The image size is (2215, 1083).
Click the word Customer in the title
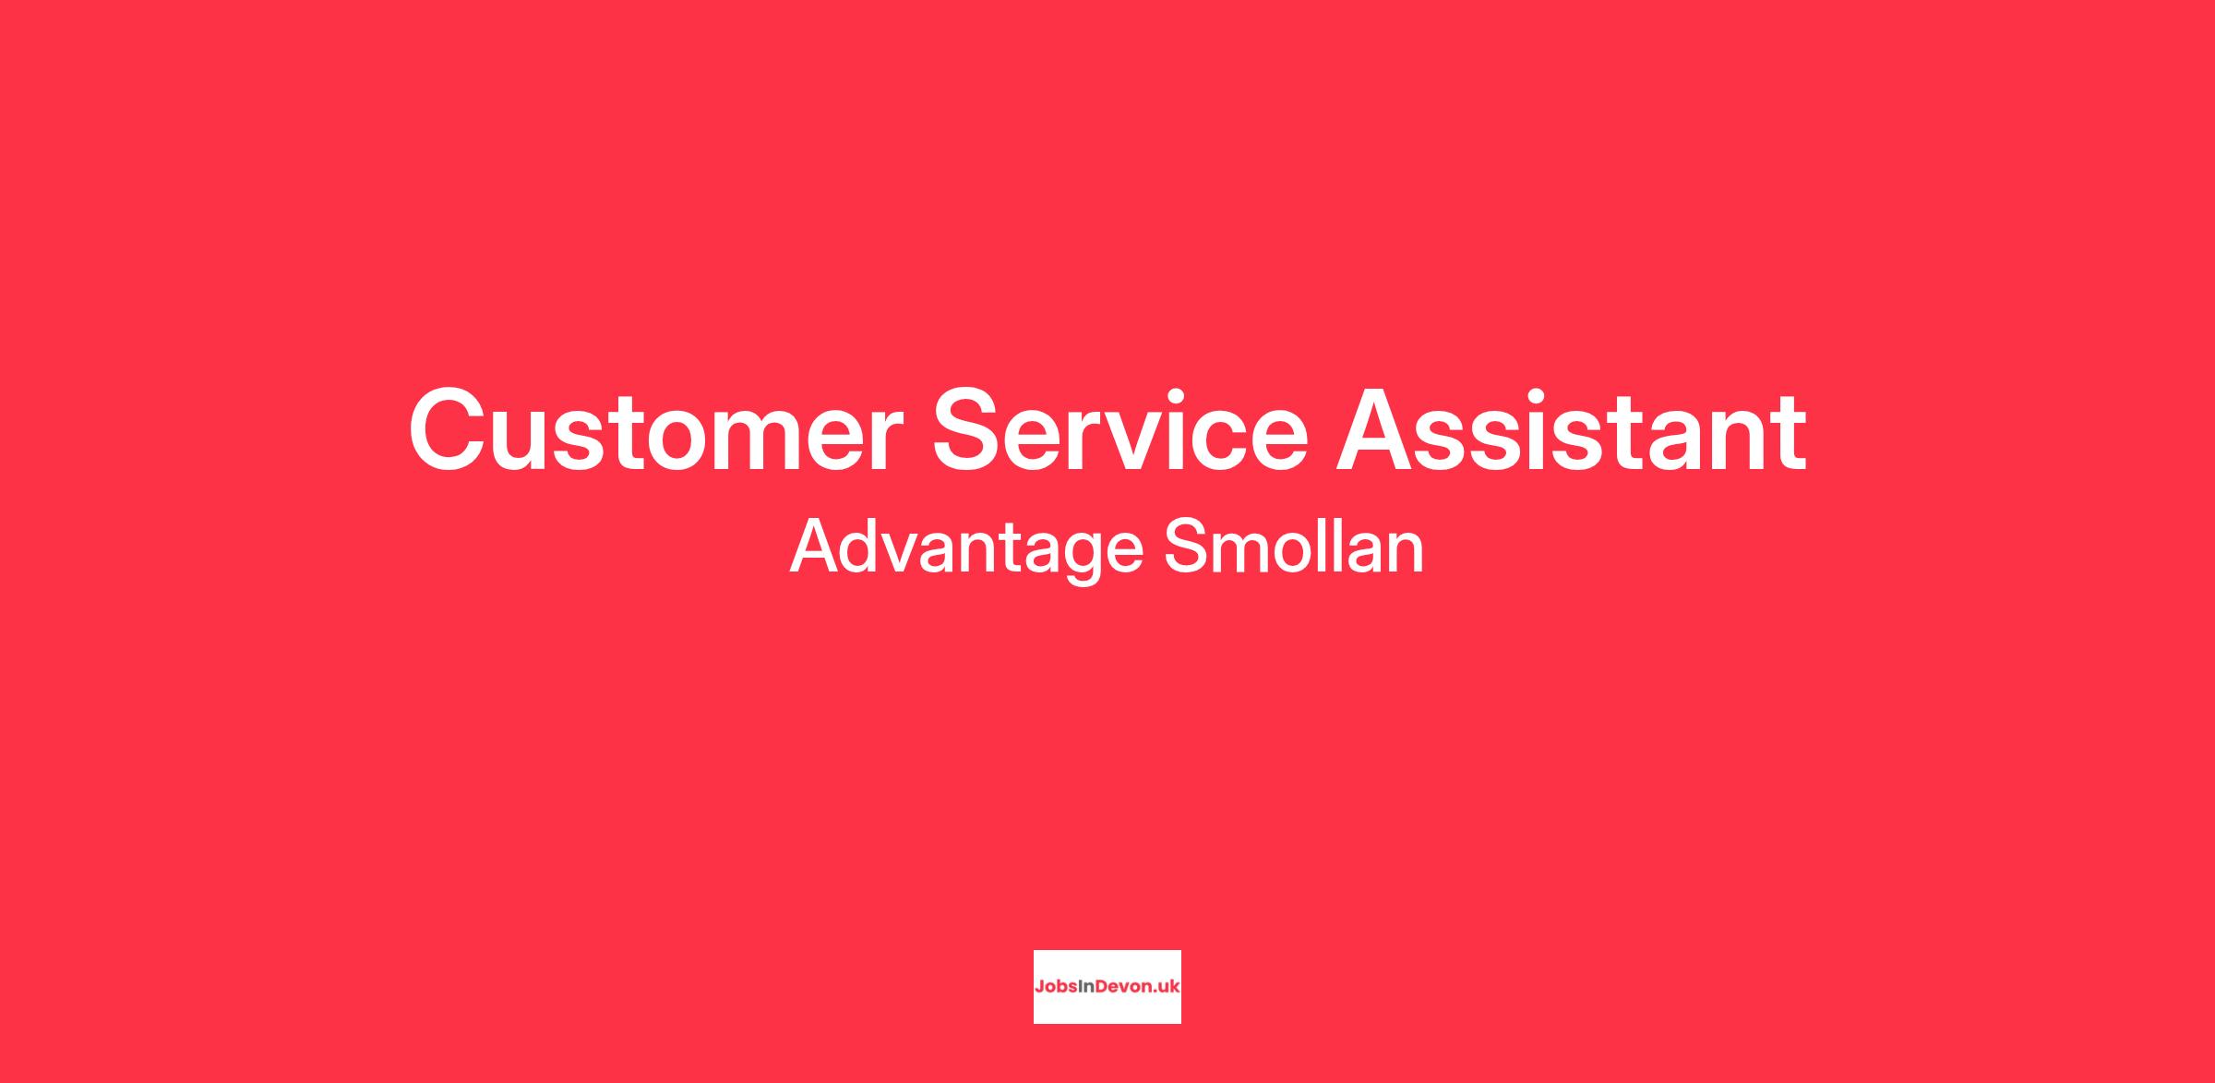tap(655, 430)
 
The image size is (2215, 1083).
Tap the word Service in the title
tap(1120, 430)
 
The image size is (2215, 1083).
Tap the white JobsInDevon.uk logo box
tap(1107, 987)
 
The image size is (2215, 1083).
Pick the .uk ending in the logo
tap(1167, 986)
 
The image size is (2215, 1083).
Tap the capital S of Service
tap(968, 430)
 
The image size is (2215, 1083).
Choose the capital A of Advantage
tap(817, 547)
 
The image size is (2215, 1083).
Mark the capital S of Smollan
tap(1187, 547)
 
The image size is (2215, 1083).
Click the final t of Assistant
tap(1787, 433)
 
